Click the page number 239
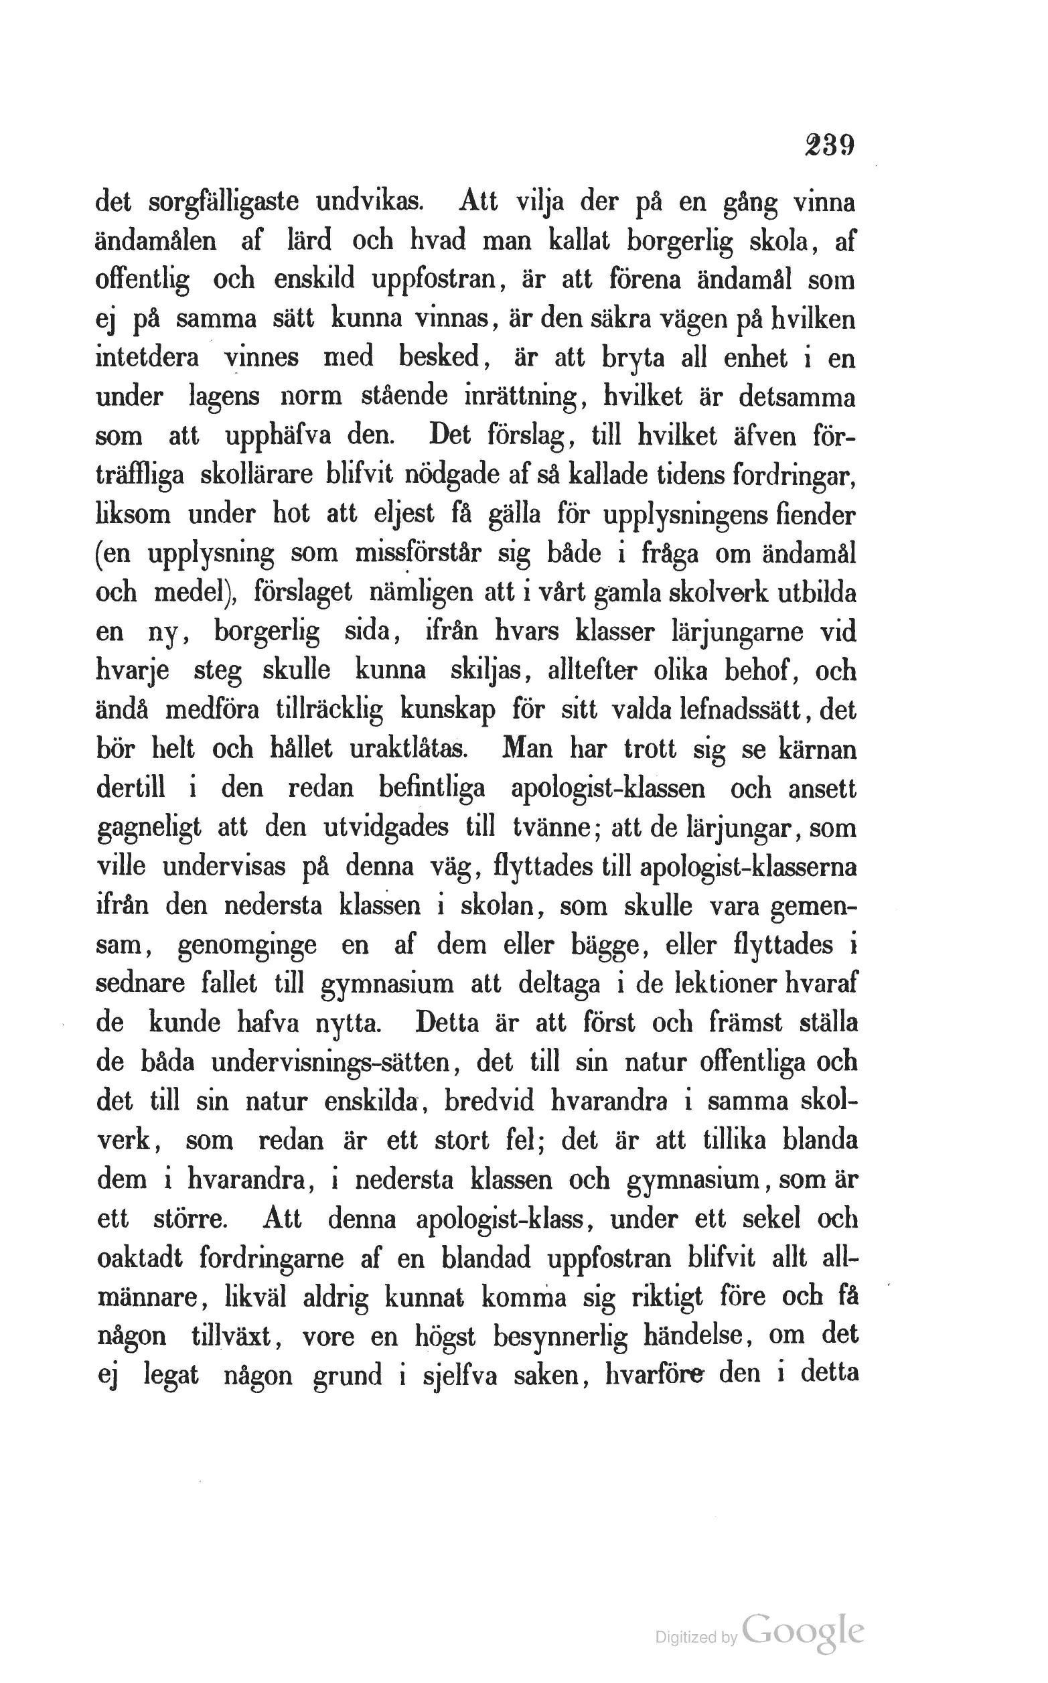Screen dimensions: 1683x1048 [x=829, y=147]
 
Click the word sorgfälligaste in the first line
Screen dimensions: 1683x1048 [x=224, y=202]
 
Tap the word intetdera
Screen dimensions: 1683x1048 [x=147, y=358]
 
